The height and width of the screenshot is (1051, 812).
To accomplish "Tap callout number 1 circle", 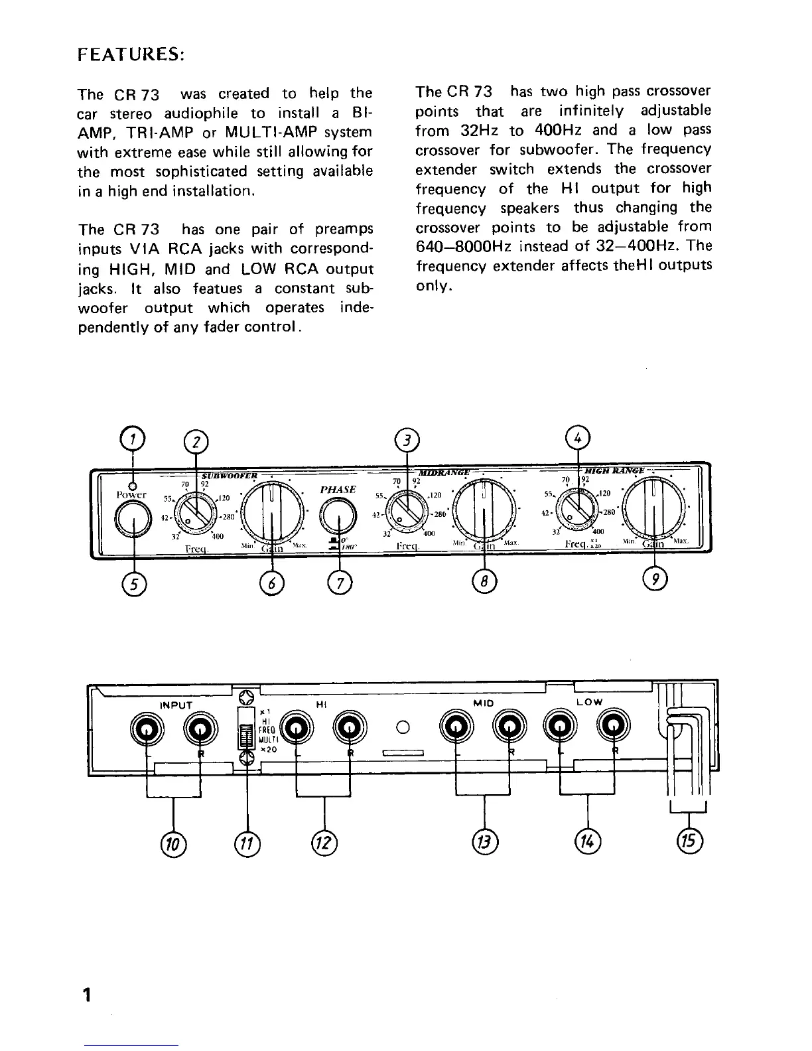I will (134, 439).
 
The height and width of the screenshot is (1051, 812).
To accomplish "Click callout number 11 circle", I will (248, 843).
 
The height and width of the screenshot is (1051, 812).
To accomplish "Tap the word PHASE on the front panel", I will (338, 490).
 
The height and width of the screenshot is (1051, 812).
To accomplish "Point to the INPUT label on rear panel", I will (176, 705).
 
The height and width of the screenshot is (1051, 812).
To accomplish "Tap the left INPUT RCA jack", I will (147, 730).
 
